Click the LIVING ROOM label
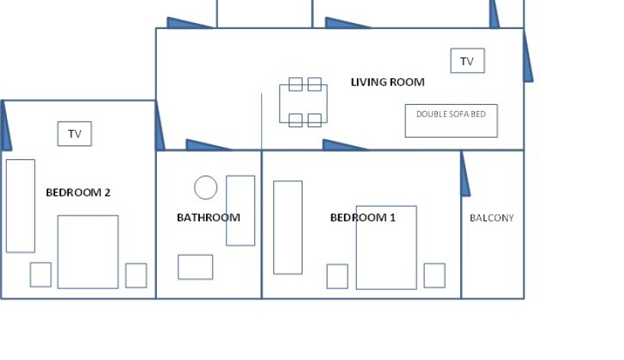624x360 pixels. point(387,82)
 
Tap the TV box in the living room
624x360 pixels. point(467,61)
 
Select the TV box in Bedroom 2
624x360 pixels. point(74,134)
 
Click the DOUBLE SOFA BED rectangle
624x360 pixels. point(451,121)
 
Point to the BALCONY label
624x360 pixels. point(492,218)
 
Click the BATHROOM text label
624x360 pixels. point(208,218)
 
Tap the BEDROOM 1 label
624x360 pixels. point(362,218)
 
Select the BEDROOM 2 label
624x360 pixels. point(78,192)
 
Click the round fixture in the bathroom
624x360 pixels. point(205,188)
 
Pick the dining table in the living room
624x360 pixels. point(303,103)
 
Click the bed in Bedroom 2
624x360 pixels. point(88,252)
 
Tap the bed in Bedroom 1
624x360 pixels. point(387,247)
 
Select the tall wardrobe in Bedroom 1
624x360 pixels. point(288,227)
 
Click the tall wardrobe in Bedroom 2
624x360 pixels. point(21,206)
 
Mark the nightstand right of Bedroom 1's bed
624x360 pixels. point(434,276)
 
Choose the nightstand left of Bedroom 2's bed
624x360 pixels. point(41,274)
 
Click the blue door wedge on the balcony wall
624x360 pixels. point(465,176)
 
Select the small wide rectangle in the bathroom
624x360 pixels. point(195,267)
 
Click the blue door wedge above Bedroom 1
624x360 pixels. point(342,146)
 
